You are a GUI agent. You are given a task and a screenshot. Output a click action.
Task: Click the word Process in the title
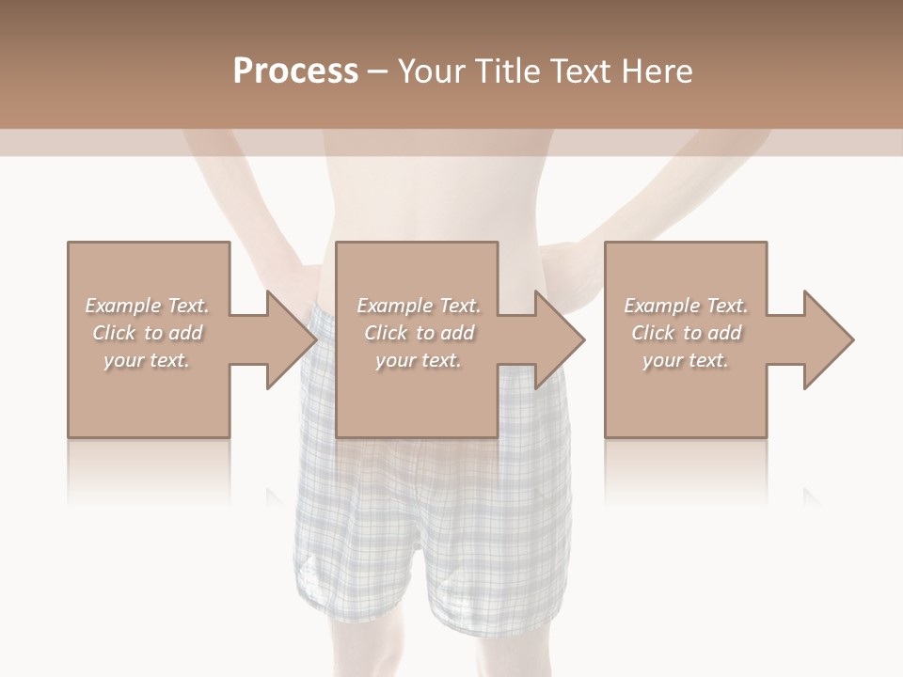click(x=295, y=71)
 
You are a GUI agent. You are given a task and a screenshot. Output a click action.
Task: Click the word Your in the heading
click(x=434, y=71)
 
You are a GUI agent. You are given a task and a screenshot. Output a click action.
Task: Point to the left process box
click(x=149, y=395)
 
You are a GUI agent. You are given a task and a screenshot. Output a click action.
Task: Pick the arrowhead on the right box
click(x=827, y=339)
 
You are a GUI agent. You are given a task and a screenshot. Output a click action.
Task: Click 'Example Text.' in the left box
click(x=147, y=306)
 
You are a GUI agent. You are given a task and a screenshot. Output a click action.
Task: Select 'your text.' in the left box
click(x=147, y=360)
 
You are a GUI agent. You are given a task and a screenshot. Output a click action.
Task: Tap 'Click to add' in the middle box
click(x=419, y=333)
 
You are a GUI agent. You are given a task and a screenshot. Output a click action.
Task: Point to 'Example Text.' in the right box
click(x=686, y=306)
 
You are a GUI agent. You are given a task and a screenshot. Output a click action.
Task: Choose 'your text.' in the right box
click(x=686, y=360)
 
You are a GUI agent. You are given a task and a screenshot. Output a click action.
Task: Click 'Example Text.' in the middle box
click(x=419, y=306)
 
